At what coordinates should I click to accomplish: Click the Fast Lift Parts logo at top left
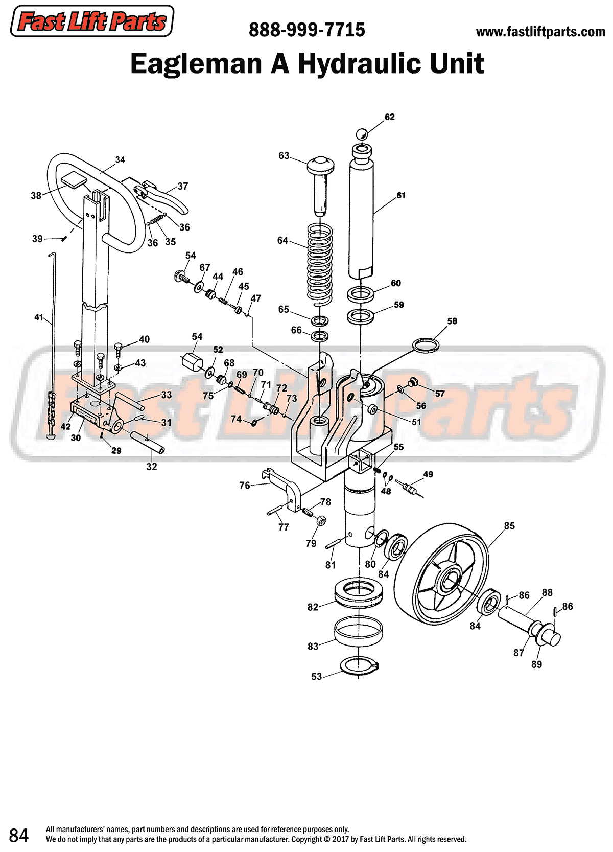pyautogui.click(x=92, y=21)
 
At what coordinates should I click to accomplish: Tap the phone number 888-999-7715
pyautogui.click(x=306, y=30)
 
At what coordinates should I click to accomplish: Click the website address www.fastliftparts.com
pyautogui.click(x=540, y=32)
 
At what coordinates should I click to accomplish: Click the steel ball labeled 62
pyautogui.click(x=362, y=134)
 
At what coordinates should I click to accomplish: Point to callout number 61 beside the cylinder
pyautogui.click(x=401, y=195)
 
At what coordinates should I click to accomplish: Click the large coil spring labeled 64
pyautogui.click(x=320, y=263)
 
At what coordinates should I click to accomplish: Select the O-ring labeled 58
pyautogui.click(x=426, y=345)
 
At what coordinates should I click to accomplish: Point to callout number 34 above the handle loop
pyautogui.click(x=120, y=160)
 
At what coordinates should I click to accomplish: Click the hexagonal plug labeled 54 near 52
pyautogui.click(x=192, y=362)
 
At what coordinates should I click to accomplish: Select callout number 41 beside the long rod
pyautogui.click(x=39, y=317)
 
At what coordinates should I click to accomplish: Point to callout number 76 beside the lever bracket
pyautogui.click(x=245, y=485)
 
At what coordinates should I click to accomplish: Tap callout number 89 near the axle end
pyautogui.click(x=536, y=664)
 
